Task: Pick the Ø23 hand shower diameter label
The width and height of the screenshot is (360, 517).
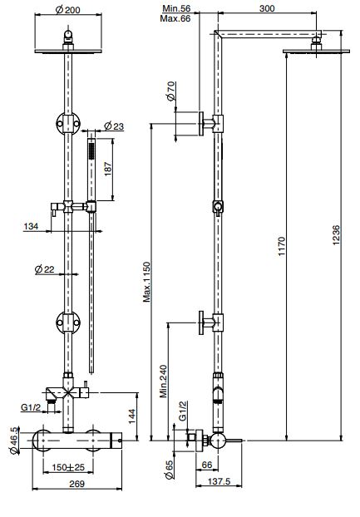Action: (115, 126)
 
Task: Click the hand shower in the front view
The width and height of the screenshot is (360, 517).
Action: (90, 163)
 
